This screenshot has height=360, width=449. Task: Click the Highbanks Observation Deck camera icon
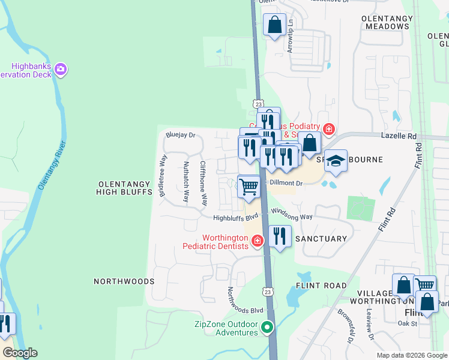60,70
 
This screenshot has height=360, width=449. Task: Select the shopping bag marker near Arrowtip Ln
274,26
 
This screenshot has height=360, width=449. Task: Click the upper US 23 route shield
258,103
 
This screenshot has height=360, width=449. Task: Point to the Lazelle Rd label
399,137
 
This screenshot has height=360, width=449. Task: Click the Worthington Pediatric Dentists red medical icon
257,241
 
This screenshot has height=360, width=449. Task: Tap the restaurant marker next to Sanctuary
280,236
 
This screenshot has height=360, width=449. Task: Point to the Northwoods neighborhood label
124,281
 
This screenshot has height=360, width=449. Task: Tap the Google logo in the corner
19,353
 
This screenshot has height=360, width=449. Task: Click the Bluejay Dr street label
181,135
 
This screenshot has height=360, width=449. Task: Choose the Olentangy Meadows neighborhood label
385,23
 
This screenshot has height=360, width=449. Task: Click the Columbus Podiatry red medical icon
328,129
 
